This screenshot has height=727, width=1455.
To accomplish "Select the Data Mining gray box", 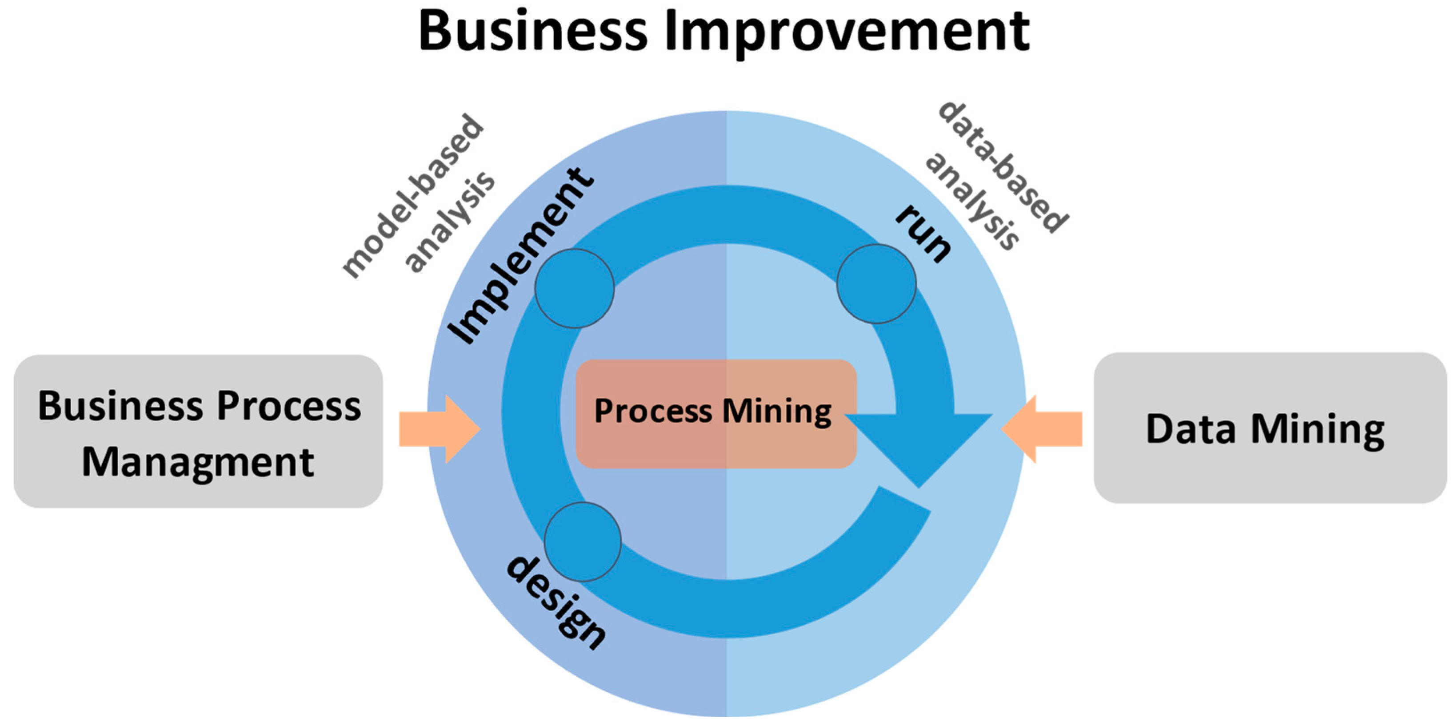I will tap(1270, 428).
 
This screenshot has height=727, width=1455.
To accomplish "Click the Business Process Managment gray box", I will tap(198, 431).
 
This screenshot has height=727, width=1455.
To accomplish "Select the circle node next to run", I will tap(876, 284).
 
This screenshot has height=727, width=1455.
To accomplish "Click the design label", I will tap(556, 602).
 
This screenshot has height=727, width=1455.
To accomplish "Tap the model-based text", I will tap(412, 195).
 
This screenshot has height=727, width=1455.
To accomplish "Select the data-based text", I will tap(1003, 167).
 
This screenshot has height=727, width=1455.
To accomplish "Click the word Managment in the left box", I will tap(198, 462).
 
